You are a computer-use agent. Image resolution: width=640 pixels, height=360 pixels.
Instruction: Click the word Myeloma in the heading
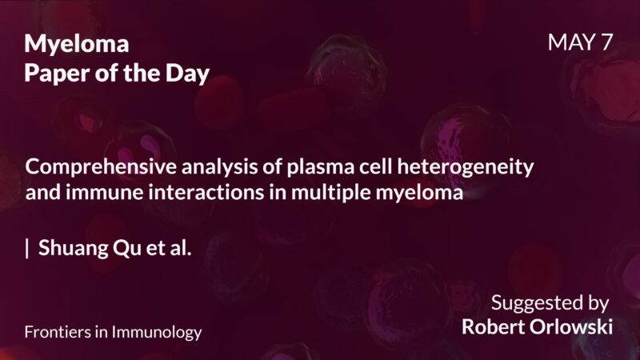pos(77,45)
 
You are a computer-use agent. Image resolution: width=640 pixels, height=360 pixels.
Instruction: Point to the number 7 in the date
pos(606,43)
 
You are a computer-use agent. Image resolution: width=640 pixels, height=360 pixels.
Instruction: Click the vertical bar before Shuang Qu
pos(27,248)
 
